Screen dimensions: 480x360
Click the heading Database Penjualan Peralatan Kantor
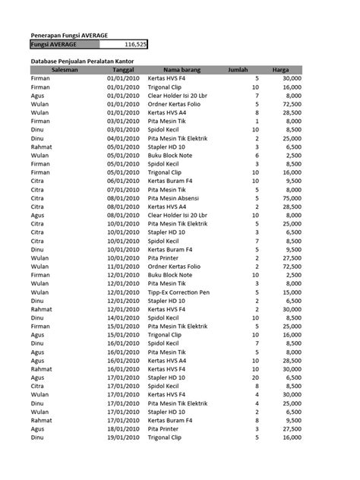tap(84, 59)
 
